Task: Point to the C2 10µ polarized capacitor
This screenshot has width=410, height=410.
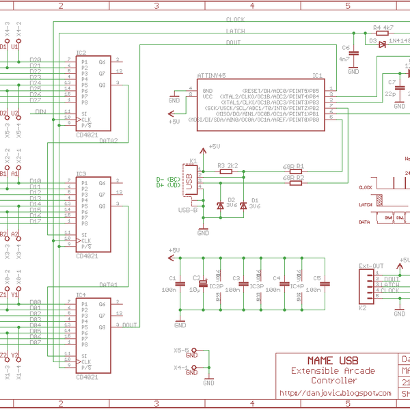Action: point(202,281)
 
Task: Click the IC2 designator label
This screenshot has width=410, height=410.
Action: point(81,53)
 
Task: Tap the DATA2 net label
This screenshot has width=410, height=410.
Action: point(109,141)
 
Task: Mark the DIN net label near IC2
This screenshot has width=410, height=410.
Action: point(41,111)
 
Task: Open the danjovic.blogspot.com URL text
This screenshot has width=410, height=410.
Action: point(335,393)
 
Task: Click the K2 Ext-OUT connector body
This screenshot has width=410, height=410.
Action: point(366,287)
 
